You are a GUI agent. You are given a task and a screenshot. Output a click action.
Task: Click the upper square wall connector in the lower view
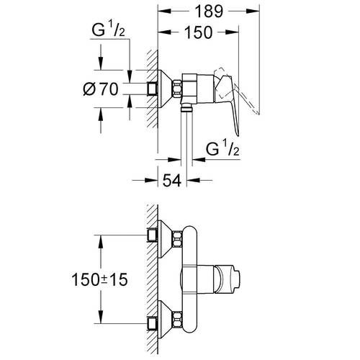pyautogui.click(x=153, y=235)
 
